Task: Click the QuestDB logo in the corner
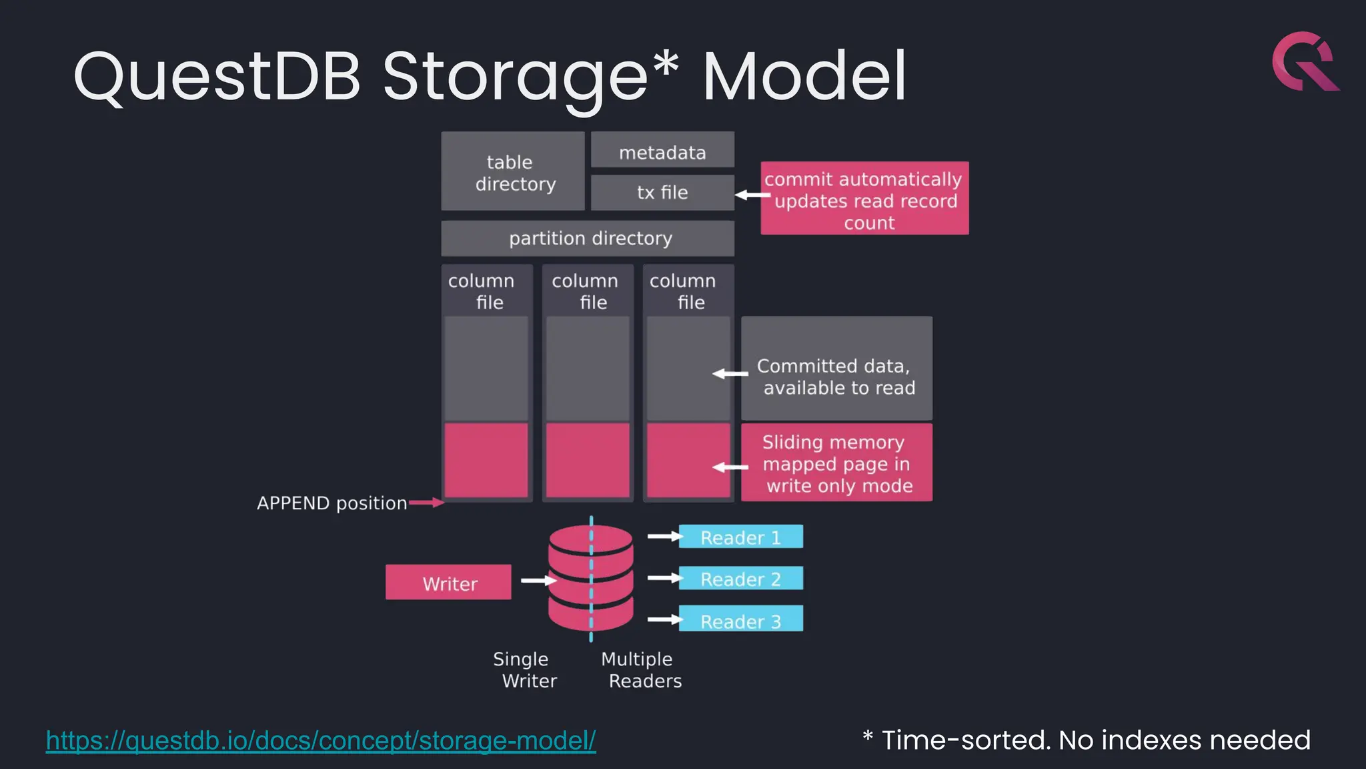[x=1305, y=61]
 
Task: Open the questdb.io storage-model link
[x=320, y=740]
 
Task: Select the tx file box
[x=662, y=193]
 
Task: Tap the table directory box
[x=513, y=172]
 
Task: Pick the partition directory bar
[x=588, y=238]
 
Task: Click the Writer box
[x=448, y=583]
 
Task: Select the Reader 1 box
[x=740, y=537]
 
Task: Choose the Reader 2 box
[x=740, y=579]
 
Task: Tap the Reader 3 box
[x=740, y=619]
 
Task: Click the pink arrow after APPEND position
[x=427, y=503]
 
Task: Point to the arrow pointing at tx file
[x=752, y=195]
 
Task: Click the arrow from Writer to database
[x=538, y=581]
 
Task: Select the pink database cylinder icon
[x=590, y=578]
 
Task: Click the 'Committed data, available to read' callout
[x=836, y=369]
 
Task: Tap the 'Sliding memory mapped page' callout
[x=836, y=463]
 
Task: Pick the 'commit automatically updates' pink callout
[x=864, y=198]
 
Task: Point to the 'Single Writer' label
[x=525, y=670]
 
